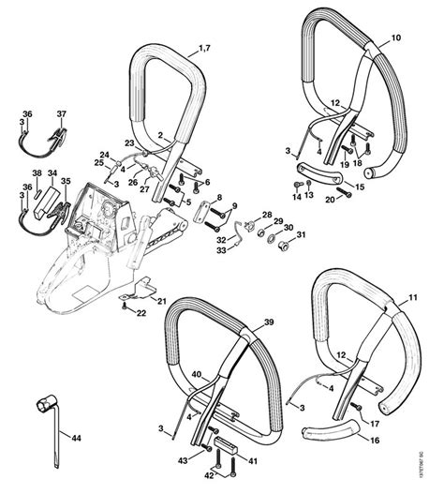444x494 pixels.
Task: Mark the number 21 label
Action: pyautogui.click(x=161, y=300)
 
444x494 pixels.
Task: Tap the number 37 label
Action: pyautogui.click(x=62, y=114)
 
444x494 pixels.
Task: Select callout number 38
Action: pyautogui.click(x=37, y=173)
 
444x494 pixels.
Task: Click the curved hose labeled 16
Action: pyautogui.click(x=333, y=435)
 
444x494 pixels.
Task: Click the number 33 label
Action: pyautogui.click(x=223, y=249)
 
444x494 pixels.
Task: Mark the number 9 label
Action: pyautogui.click(x=234, y=204)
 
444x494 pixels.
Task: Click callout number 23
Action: pyautogui.click(x=130, y=142)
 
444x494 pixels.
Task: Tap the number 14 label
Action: pyautogui.click(x=296, y=196)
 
